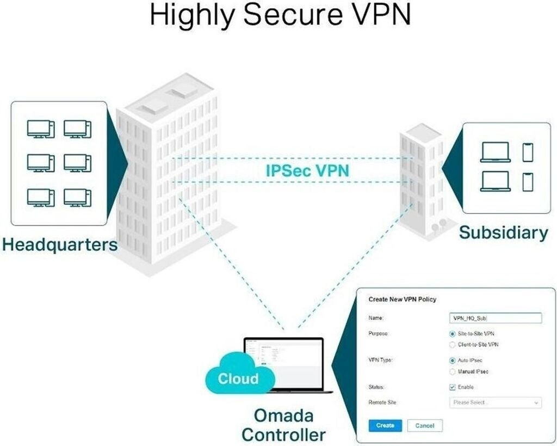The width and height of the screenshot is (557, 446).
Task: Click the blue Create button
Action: point(385,425)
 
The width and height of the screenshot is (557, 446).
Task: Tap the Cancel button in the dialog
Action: point(425,425)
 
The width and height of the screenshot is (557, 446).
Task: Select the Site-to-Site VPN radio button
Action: point(453,333)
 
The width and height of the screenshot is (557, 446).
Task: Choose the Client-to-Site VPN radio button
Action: point(453,344)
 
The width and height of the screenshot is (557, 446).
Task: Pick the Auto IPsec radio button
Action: point(453,361)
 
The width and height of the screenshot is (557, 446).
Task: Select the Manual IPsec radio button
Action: point(453,371)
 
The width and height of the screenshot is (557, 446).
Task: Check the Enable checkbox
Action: point(453,387)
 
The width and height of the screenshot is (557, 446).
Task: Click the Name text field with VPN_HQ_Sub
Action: point(496,318)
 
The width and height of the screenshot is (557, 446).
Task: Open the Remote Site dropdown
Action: point(496,402)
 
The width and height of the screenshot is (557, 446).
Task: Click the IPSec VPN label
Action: point(307,170)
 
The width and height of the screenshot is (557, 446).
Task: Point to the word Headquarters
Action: point(59,244)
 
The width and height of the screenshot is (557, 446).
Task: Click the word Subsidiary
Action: point(504,233)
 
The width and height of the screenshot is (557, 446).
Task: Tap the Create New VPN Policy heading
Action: point(403,300)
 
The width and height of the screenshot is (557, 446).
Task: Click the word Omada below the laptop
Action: point(283,416)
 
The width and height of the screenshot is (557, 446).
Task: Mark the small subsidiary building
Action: point(422,180)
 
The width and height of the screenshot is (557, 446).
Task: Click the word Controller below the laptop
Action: point(283,435)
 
